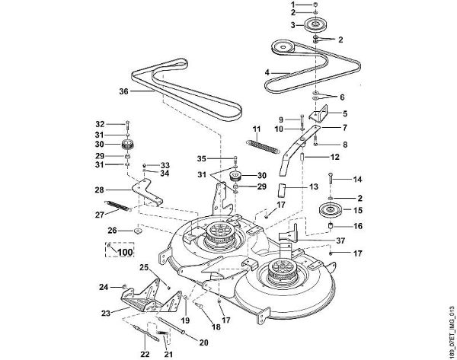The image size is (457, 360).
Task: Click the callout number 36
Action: click(x=124, y=91)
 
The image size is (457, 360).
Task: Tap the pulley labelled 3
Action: click(x=316, y=24)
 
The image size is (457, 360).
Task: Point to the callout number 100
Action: click(x=126, y=252)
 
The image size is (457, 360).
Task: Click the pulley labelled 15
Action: click(x=330, y=211)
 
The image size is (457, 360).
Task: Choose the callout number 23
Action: click(x=106, y=313)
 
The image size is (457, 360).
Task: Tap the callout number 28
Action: click(x=99, y=190)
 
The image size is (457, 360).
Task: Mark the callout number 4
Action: click(x=267, y=72)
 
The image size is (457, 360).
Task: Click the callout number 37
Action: click(x=340, y=241)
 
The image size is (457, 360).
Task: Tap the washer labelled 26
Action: click(x=137, y=231)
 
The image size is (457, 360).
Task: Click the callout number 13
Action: click(x=314, y=186)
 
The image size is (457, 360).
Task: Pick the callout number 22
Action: click(x=145, y=354)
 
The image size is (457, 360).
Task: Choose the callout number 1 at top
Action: click(x=293, y=5)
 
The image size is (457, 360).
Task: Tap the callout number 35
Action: click(x=201, y=159)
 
